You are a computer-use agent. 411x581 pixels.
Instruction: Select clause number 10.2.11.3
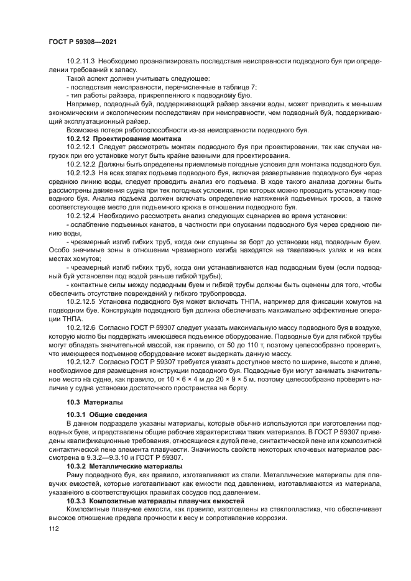[x=79, y=62]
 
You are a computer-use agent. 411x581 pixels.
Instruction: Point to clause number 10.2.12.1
[x=79, y=146]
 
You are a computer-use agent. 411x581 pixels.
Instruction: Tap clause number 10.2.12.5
[x=79, y=300]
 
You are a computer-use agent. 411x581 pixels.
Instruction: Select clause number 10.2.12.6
[x=79, y=326]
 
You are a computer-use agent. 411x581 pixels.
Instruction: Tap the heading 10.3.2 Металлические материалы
[x=124, y=465]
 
